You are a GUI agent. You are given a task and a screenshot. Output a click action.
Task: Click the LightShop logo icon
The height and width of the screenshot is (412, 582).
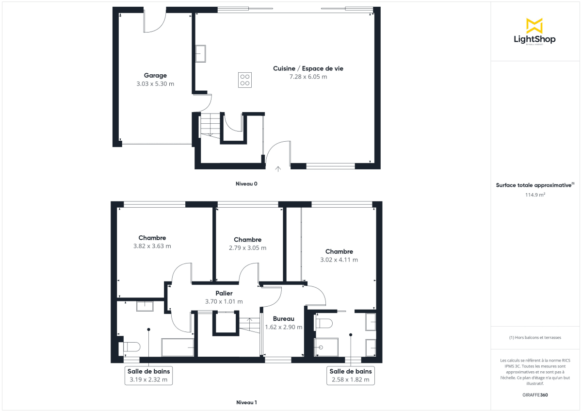click(534, 26)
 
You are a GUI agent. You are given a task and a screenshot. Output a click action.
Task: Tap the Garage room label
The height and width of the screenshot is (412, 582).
click(155, 75)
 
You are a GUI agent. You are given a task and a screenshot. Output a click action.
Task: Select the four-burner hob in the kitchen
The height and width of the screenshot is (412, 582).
click(245, 80)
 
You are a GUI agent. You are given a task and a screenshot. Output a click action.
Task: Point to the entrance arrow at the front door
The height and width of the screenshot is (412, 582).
click(278, 169)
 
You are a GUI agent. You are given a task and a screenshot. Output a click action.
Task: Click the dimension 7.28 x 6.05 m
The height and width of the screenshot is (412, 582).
click(308, 77)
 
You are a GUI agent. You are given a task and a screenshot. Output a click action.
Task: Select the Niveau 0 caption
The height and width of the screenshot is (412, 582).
click(246, 184)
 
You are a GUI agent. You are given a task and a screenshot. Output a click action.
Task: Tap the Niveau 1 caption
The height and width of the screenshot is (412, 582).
click(246, 402)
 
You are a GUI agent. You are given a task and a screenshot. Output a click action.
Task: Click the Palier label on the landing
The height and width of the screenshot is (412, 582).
click(224, 293)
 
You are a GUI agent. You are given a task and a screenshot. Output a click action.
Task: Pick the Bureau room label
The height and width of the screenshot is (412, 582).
click(284, 319)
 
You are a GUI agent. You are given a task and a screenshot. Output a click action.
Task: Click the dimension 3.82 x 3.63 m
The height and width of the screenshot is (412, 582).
click(152, 246)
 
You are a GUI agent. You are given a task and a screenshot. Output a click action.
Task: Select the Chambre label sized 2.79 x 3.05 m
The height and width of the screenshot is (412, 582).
click(247, 240)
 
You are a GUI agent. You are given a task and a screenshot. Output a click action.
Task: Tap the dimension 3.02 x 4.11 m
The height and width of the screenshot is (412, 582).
click(339, 260)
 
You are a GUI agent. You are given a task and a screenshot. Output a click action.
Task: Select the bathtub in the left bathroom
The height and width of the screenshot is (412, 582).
click(178, 347)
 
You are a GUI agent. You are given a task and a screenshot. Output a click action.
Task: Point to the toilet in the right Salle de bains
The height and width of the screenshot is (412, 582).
click(324, 323)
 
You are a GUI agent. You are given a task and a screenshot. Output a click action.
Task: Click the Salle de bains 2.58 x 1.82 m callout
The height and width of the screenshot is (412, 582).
click(351, 376)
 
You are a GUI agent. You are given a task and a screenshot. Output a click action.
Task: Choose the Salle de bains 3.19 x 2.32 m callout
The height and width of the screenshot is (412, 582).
click(148, 376)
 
